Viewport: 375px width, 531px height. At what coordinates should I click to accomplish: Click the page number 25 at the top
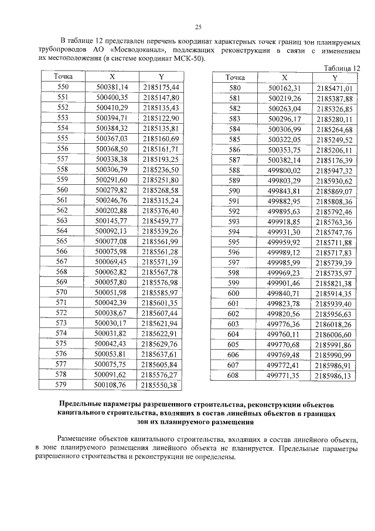(x=198, y=27)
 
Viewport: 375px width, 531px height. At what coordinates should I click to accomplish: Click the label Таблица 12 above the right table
(x=342, y=68)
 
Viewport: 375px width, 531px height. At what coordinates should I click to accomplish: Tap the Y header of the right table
(x=335, y=78)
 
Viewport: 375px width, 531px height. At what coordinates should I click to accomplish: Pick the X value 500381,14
(x=111, y=87)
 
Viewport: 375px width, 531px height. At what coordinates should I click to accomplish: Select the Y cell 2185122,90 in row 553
(x=160, y=118)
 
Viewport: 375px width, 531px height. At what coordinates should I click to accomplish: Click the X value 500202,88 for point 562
(x=111, y=210)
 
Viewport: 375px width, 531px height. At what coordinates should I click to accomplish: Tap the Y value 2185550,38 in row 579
(x=160, y=384)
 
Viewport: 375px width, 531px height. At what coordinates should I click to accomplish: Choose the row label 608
(x=234, y=375)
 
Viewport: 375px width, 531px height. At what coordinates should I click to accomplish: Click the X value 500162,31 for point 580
(x=284, y=88)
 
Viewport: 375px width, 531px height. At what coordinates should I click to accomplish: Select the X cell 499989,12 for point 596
(x=284, y=252)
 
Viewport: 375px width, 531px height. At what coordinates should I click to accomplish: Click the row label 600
(x=234, y=293)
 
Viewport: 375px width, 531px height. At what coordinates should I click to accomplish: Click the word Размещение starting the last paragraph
(x=81, y=439)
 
